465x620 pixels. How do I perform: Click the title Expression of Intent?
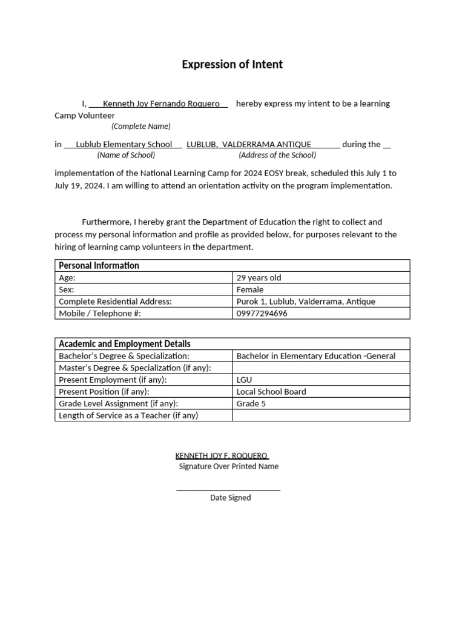coord(232,64)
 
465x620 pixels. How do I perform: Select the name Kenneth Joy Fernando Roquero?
coord(161,104)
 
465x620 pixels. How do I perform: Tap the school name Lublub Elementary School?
coord(124,144)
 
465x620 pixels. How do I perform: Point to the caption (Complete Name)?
coord(141,126)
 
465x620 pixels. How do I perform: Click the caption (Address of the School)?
coord(277,155)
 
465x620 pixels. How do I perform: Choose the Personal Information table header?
coord(99,265)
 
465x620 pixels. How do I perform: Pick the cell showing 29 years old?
coord(259,278)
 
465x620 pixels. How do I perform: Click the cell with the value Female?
coord(250,289)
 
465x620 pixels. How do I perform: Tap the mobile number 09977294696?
coord(262,314)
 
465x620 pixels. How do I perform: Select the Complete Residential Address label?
coord(115,302)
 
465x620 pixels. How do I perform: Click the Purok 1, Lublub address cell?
coord(306,302)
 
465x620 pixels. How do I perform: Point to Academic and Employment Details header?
coord(124,343)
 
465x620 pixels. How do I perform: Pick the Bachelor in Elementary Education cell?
coord(315,356)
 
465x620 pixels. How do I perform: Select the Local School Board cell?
coord(271,392)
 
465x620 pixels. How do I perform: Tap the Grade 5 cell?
coord(251,403)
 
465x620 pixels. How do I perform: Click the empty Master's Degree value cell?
coord(321,368)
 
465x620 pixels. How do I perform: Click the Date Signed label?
coord(230,498)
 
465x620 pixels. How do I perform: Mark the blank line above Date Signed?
coord(228,488)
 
